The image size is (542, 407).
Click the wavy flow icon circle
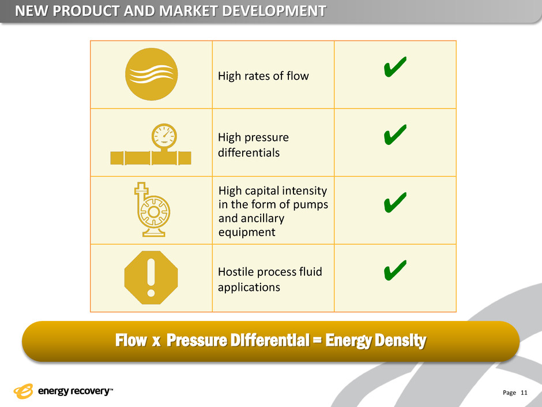(x=152, y=74)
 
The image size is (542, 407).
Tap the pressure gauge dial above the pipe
(x=164, y=136)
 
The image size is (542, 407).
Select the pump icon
(x=152, y=210)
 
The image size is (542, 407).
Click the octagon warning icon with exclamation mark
(x=151, y=278)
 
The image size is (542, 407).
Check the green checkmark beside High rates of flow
(x=395, y=66)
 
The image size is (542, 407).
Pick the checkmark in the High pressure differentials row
(x=395, y=135)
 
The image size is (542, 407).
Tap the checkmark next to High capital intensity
(x=395, y=202)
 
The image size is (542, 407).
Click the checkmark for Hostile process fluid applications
(x=395, y=270)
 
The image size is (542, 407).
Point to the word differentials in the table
(x=249, y=152)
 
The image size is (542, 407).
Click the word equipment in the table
(x=247, y=233)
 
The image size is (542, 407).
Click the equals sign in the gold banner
(x=317, y=340)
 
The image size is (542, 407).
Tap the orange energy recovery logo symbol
(x=23, y=391)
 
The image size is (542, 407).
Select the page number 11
(x=524, y=393)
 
